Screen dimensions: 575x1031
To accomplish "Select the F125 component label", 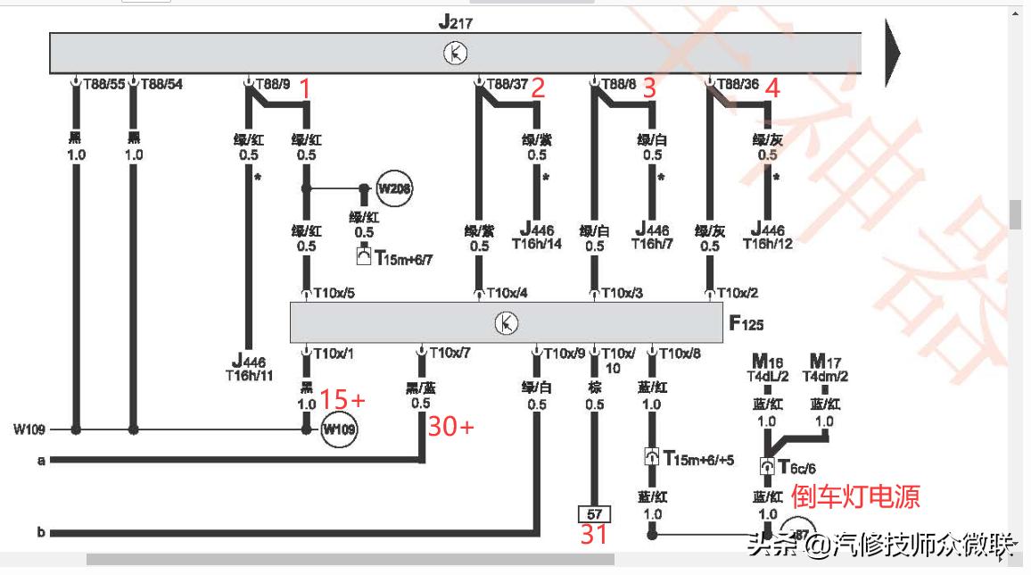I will tap(746, 323).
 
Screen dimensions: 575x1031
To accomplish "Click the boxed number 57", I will tap(594, 514).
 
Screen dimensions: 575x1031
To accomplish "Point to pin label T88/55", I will tap(103, 84).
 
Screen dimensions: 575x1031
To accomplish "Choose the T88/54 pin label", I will tap(161, 84).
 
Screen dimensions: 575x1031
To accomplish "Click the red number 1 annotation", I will tap(305, 88).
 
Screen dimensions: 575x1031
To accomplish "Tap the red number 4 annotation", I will tap(772, 88).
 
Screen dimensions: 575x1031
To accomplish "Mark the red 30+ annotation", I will tap(450, 427).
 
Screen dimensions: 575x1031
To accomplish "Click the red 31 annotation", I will tap(595, 536).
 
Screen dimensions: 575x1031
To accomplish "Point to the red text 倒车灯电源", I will tap(855, 496).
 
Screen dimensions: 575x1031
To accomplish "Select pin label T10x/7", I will tap(450, 353).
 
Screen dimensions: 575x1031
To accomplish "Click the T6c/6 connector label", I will tap(796, 467).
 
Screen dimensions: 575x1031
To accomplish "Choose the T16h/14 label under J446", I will tap(537, 243).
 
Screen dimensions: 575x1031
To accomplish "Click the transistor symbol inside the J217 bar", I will tap(455, 54).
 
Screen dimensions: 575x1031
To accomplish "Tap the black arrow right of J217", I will tap(892, 53).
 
